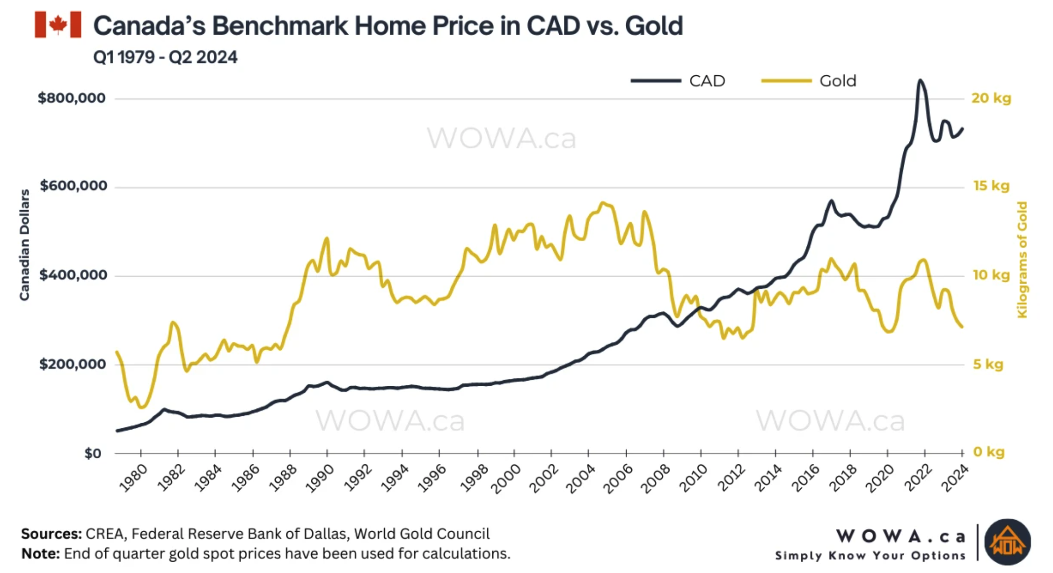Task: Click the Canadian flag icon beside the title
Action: (x=58, y=25)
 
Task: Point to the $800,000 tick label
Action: (x=72, y=98)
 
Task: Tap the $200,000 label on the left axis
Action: (x=73, y=364)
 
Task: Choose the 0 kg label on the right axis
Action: (x=988, y=452)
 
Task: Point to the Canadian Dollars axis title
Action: (x=24, y=245)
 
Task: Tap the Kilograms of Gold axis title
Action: (x=1022, y=260)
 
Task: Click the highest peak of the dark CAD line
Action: (x=920, y=80)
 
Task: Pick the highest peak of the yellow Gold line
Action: (x=603, y=203)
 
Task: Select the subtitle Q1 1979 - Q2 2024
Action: (x=165, y=57)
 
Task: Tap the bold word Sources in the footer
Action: (x=51, y=534)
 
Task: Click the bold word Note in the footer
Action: (x=40, y=554)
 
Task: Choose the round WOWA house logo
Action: (x=1007, y=542)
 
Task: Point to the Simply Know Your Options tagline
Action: (x=870, y=556)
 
